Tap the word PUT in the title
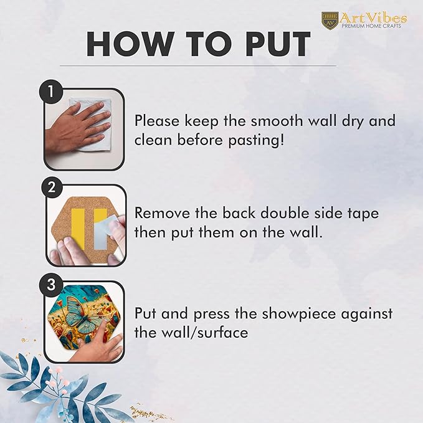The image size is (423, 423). click(x=278, y=44)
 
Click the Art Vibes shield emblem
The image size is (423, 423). click(x=330, y=20)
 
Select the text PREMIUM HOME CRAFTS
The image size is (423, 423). click(x=371, y=26)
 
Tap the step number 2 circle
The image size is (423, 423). click(x=51, y=187)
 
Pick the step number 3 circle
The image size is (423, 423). click(x=51, y=284)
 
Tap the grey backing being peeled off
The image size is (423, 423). click(x=103, y=232)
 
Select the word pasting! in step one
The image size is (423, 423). click(x=256, y=141)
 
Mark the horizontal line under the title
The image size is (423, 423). click(x=198, y=65)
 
